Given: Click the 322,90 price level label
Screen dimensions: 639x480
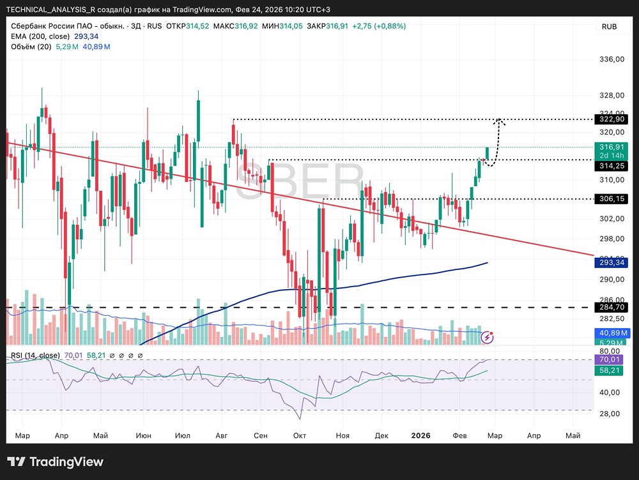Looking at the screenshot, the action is click(x=612, y=119).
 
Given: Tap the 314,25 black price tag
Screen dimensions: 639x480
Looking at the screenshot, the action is click(x=612, y=166).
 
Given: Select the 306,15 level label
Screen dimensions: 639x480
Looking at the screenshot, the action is click(x=612, y=199).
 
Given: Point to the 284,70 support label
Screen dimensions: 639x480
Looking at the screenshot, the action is click(x=612, y=307).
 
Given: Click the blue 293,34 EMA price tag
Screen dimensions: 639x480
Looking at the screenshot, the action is click(x=612, y=262).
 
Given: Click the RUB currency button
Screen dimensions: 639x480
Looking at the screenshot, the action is click(x=609, y=26).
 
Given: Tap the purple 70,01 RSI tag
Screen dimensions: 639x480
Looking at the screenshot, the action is click(x=609, y=359).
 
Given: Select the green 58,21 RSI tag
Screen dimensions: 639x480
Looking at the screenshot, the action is click(x=609, y=370).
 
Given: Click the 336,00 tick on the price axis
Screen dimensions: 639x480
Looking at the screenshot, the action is click(x=612, y=59).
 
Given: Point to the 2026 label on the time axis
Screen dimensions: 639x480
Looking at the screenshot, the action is click(x=420, y=435).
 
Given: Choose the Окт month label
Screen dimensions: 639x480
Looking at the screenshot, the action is click(x=300, y=435).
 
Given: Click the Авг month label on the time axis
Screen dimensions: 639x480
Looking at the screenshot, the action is click(x=221, y=435).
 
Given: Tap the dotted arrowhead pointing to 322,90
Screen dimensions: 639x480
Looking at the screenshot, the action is click(x=499, y=121).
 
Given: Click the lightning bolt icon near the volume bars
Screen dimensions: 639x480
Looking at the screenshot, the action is click(x=488, y=337).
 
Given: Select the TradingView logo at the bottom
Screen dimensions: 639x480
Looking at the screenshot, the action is click(x=56, y=461).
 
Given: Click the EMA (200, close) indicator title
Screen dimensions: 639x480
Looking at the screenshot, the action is click(x=40, y=36).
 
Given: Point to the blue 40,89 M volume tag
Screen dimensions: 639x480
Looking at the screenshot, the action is click(x=612, y=333).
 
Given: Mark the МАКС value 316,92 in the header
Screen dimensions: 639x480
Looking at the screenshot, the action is click(x=246, y=26).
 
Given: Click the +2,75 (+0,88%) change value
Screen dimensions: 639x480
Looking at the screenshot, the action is click(x=379, y=26).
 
